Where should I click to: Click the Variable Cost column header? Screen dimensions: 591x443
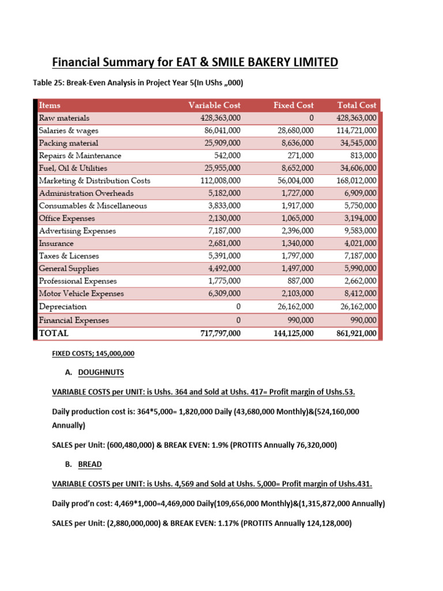(x=214, y=105)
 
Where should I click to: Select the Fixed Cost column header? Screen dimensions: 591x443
(x=294, y=105)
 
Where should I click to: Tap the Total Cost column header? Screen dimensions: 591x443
(x=356, y=105)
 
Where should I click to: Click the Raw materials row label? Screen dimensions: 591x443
(x=64, y=118)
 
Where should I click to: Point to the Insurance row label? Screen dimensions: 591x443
(x=57, y=244)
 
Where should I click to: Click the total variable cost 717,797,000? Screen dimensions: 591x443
(x=216, y=333)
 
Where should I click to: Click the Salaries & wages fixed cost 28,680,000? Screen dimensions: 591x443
(x=294, y=130)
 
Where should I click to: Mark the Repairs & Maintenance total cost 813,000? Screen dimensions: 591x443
(x=363, y=155)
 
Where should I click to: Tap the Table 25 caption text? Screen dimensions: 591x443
(x=138, y=83)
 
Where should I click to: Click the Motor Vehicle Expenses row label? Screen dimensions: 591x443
(x=81, y=294)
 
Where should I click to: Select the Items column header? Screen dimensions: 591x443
(x=50, y=105)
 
